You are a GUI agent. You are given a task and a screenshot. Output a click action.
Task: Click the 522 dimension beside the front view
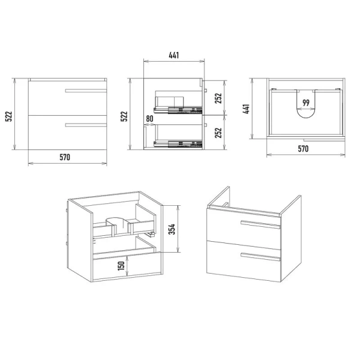click(x=9, y=116)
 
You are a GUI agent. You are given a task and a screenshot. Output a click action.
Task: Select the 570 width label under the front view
click(x=65, y=157)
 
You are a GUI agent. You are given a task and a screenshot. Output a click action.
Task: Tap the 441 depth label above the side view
click(x=174, y=55)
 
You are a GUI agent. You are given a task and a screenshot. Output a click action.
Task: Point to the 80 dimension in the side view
click(x=149, y=119)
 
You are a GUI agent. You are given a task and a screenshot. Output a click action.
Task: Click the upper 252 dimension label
click(x=218, y=98)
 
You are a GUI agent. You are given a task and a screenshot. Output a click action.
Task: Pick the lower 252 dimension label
click(x=218, y=133)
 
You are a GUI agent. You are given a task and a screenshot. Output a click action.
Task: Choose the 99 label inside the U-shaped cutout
click(x=306, y=103)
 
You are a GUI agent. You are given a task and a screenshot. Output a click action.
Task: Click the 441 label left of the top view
click(x=246, y=109)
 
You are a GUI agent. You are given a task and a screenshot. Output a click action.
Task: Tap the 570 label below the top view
click(x=303, y=149)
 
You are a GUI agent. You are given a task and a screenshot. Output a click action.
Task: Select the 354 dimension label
click(x=172, y=229)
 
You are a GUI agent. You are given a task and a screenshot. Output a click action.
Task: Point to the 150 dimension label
click(x=121, y=266)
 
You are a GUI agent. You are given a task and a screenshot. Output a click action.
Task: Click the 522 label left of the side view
click(x=124, y=116)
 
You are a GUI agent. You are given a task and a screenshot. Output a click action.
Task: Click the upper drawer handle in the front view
click(x=86, y=91)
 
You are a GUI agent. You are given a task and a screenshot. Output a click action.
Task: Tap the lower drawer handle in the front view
click(x=86, y=125)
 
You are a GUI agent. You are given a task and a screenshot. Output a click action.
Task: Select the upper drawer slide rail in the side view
click(x=178, y=110)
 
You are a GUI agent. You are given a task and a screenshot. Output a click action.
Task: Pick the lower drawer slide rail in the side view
click(x=178, y=144)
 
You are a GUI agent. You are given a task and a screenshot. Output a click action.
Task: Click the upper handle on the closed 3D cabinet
click(x=260, y=224)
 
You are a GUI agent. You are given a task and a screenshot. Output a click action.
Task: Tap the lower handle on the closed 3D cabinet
click(x=260, y=257)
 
